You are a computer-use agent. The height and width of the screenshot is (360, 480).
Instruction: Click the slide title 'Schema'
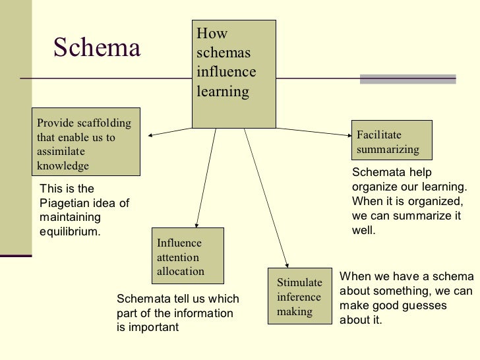[97, 47]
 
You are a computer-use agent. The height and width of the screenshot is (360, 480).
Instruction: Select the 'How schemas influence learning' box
[233, 73]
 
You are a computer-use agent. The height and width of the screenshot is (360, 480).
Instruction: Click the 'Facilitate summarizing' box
[392, 140]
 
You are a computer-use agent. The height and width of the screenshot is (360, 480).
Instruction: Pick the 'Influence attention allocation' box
[187, 255]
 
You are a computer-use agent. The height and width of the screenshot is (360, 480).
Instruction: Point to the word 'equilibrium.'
[71, 231]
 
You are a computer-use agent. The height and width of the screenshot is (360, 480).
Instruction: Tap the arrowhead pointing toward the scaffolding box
[151, 136]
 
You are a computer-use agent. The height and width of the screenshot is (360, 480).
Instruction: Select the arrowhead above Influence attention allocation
[196, 224]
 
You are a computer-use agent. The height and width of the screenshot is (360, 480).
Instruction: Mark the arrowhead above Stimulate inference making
[287, 262]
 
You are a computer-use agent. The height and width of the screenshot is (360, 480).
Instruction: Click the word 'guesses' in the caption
[428, 306]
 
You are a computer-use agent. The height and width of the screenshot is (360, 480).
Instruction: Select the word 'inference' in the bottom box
[299, 297]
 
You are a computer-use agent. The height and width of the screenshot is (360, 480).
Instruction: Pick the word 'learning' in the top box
[223, 91]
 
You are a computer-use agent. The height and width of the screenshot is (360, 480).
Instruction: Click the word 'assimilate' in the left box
[61, 152]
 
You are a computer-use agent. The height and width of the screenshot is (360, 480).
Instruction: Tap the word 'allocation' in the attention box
[181, 271]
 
